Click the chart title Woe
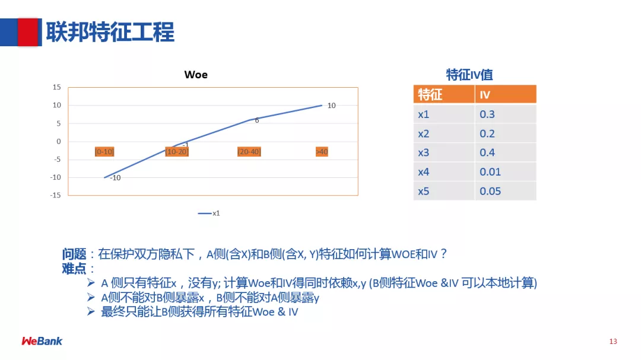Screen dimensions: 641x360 point(196,75)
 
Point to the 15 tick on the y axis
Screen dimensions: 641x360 point(57,87)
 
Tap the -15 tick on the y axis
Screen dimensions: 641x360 point(56,195)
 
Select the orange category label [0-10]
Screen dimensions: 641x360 point(104,152)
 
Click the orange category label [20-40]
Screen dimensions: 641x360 point(249,152)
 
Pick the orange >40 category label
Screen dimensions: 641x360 point(322,152)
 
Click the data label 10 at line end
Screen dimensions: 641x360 point(332,106)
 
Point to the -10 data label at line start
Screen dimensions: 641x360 point(115,178)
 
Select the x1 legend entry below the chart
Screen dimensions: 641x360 point(209,214)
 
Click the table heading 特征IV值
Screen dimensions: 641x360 point(469,75)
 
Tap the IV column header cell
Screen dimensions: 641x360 point(506,94)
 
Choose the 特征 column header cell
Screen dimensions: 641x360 point(444,94)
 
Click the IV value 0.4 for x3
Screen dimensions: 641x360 point(487,152)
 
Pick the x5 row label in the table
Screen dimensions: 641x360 point(424,191)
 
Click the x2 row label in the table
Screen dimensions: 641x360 point(424,133)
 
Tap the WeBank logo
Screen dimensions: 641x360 point(42,341)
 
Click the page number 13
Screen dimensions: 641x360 point(613,342)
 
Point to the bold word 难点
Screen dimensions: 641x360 point(74,269)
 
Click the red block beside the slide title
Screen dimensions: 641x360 point(27,32)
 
